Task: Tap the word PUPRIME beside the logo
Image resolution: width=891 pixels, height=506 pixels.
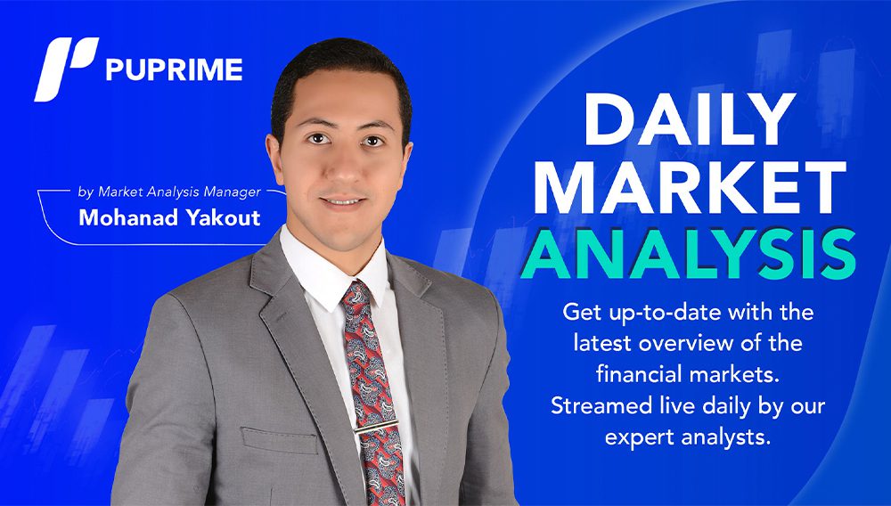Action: (x=174, y=69)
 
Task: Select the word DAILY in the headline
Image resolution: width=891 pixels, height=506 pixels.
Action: (x=690, y=118)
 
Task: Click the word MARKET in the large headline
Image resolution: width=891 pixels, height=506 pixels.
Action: (x=690, y=187)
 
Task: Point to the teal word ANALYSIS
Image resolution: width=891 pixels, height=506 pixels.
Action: (x=688, y=254)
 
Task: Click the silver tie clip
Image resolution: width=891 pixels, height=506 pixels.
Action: (x=376, y=426)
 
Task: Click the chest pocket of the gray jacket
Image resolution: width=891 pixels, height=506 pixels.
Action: (x=279, y=440)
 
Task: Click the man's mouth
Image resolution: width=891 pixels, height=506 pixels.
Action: (x=342, y=201)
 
